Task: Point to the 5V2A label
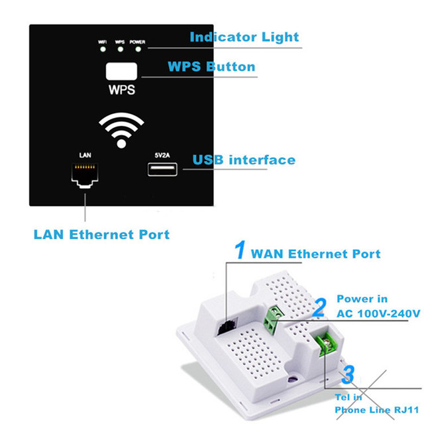coord(162,155)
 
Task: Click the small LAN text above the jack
coord(84,154)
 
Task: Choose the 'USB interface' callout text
coord(243,160)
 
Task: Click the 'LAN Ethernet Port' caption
coord(101,234)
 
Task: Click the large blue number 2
coord(320,307)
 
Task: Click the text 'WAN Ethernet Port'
coord(316,254)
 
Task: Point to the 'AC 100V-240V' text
coord(378,313)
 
